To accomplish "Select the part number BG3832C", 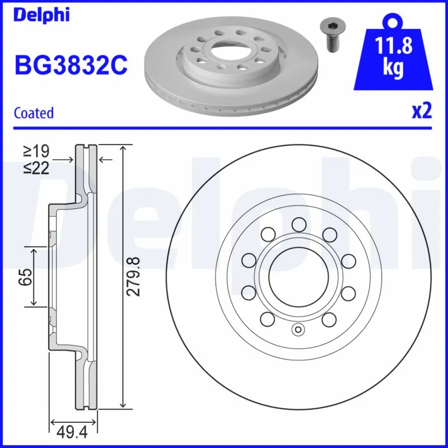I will tap(71, 66).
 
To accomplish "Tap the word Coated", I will tap(34, 113).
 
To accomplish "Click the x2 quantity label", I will tap(422, 111).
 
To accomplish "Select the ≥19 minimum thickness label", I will tap(36, 151).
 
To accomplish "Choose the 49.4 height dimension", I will tap(74, 432).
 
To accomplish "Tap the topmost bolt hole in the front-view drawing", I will tap(298, 225).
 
